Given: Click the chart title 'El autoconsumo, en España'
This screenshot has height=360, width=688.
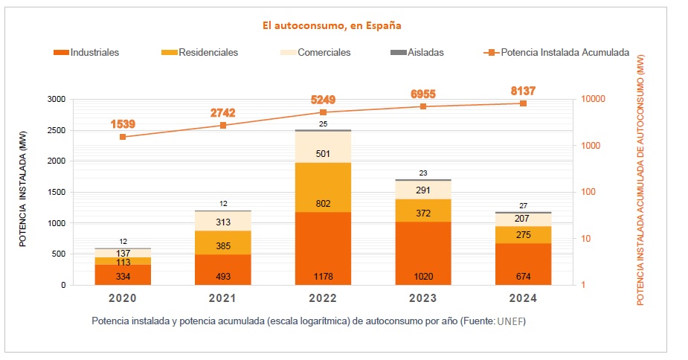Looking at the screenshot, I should point(332,25).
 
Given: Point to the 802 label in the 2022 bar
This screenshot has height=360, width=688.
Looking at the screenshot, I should point(323,204).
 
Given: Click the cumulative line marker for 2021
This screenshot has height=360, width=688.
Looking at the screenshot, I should point(222,125).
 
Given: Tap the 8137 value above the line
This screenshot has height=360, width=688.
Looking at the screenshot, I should point(523,91).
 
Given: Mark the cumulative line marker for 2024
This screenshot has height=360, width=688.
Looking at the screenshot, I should point(523,103).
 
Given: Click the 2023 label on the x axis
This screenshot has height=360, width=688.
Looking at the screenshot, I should point(422,298).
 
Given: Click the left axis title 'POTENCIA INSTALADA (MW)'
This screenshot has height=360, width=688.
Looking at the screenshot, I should point(23,192).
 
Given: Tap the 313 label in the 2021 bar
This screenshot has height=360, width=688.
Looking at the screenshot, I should point(222,222).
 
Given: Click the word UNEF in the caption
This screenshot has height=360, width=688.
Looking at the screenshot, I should point(511,322).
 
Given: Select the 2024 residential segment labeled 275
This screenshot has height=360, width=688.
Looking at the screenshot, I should point(523,235).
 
